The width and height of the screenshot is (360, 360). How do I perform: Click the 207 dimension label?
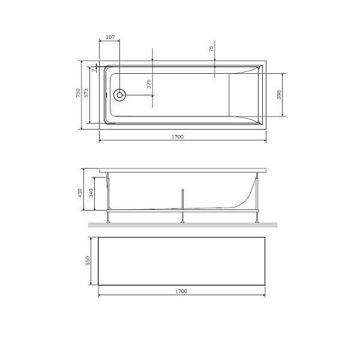(110, 37)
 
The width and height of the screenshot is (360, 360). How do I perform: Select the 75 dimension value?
(211, 50)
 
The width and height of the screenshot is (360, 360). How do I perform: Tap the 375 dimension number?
(148, 85)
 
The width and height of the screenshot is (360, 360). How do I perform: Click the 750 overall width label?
(78, 94)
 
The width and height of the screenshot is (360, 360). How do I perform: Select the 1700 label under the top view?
(177, 137)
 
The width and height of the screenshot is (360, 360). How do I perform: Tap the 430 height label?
(79, 193)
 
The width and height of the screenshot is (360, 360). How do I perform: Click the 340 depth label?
(91, 193)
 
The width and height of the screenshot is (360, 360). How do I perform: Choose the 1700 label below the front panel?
(182, 291)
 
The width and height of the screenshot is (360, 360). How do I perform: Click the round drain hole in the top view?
(120, 94)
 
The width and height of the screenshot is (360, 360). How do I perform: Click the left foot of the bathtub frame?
(109, 220)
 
